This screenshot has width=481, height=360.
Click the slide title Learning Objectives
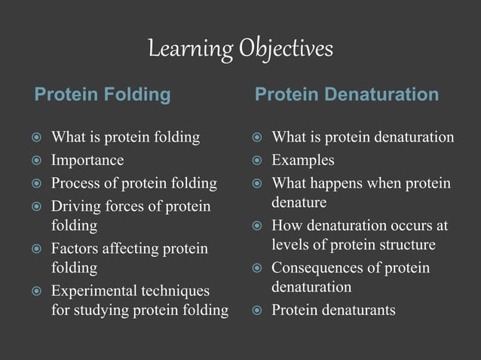240,50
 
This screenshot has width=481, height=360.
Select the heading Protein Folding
103,95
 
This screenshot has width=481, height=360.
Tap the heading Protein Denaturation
346,95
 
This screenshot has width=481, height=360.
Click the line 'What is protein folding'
125,137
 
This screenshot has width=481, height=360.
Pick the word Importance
87,160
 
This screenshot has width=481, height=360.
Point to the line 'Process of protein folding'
133,183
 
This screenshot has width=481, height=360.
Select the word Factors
75,249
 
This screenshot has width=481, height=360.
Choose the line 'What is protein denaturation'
363,137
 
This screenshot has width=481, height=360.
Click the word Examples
303,160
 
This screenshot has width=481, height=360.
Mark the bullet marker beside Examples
257,160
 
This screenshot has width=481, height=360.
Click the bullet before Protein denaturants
257,311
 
